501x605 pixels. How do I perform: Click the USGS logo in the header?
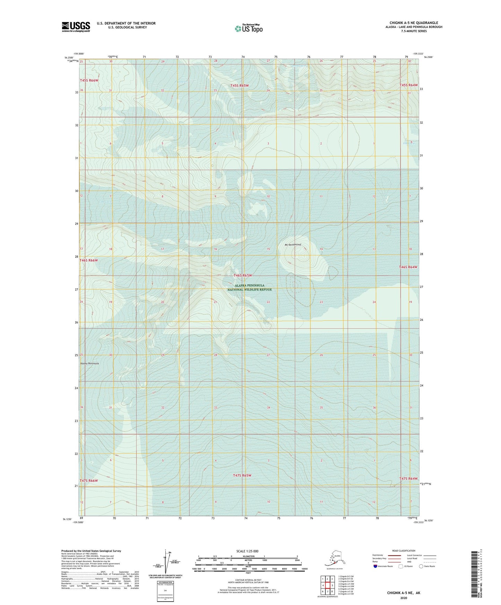(x=76, y=27)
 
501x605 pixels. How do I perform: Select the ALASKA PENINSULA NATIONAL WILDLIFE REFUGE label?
(x=250, y=287)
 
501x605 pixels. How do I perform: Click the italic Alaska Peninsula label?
(x=89, y=363)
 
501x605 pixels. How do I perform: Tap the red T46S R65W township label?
(x=247, y=275)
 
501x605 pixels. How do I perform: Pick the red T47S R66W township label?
(x=89, y=481)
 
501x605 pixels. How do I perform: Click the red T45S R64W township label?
(x=408, y=85)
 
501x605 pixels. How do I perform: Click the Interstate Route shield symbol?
(x=375, y=566)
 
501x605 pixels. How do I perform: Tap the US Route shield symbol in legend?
(x=401, y=566)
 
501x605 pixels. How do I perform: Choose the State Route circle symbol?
(x=421, y=566)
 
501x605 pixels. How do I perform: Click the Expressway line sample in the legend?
(x=391, y=555)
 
